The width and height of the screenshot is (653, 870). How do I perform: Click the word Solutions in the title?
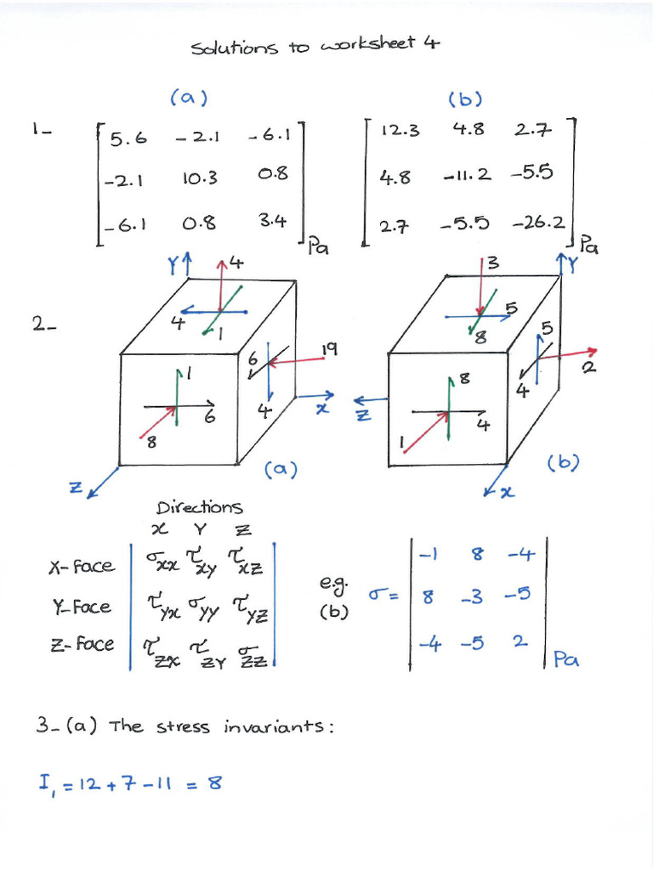point(234,48)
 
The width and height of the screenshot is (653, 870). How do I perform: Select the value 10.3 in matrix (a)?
point(200,178)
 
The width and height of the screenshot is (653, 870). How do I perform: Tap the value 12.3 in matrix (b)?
point(400,130)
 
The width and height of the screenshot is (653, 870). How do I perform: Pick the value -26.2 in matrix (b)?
point(538,223)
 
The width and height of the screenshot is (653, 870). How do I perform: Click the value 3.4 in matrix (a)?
point(273,221)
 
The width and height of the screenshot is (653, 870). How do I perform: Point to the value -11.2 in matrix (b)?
point(468,175)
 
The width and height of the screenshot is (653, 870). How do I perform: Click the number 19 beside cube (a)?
point(329,349)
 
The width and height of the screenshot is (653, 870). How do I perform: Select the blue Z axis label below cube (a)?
point(75,488)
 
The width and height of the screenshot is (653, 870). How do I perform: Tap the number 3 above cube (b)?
point(493,263)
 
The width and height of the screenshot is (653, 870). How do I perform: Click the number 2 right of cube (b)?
point(589,367)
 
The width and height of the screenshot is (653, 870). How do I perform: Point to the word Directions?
point(199,507)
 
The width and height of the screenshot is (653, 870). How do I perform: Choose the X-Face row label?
point(82,567)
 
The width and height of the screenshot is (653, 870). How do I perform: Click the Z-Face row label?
point(82,644)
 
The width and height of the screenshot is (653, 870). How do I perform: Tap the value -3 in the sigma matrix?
point(472,597)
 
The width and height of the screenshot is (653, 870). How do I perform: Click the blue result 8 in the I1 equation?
point(214,782)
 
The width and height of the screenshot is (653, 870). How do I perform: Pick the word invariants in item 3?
point(278,726)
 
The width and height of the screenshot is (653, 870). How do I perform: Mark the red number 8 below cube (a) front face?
point(151,443)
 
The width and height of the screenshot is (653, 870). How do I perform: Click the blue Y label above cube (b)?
point(571,265)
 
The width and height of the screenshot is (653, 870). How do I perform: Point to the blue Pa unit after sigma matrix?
point(566,659)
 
